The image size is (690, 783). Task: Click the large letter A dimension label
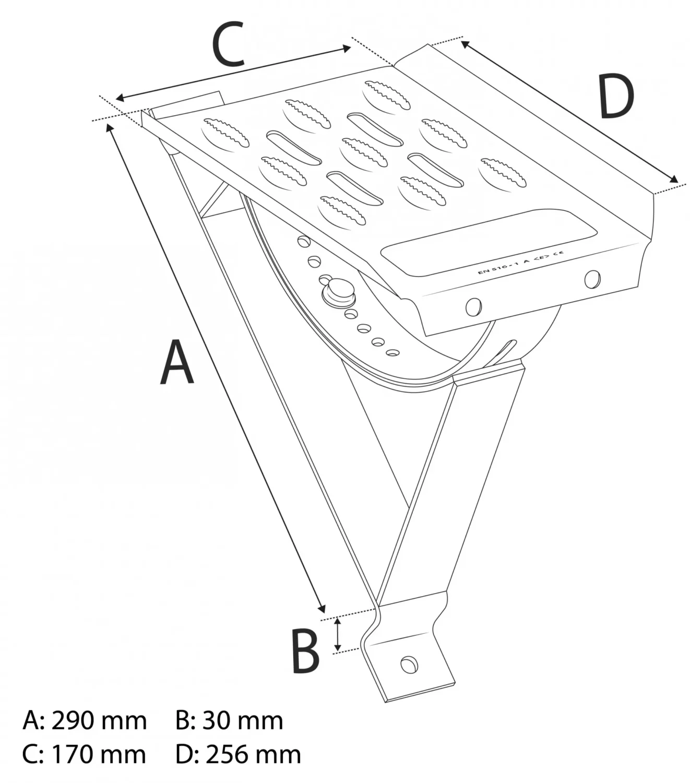coord(176,362)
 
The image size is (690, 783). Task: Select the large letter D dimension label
coord(616,97)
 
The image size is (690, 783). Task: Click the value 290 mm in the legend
coord(99,721)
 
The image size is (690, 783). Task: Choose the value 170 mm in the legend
coord(99,755)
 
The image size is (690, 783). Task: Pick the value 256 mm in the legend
coord(253,755)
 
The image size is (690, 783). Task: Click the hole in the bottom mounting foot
coord(408,665)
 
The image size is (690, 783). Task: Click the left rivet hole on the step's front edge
coord(473,307)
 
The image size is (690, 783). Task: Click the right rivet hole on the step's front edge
coord(592,279)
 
